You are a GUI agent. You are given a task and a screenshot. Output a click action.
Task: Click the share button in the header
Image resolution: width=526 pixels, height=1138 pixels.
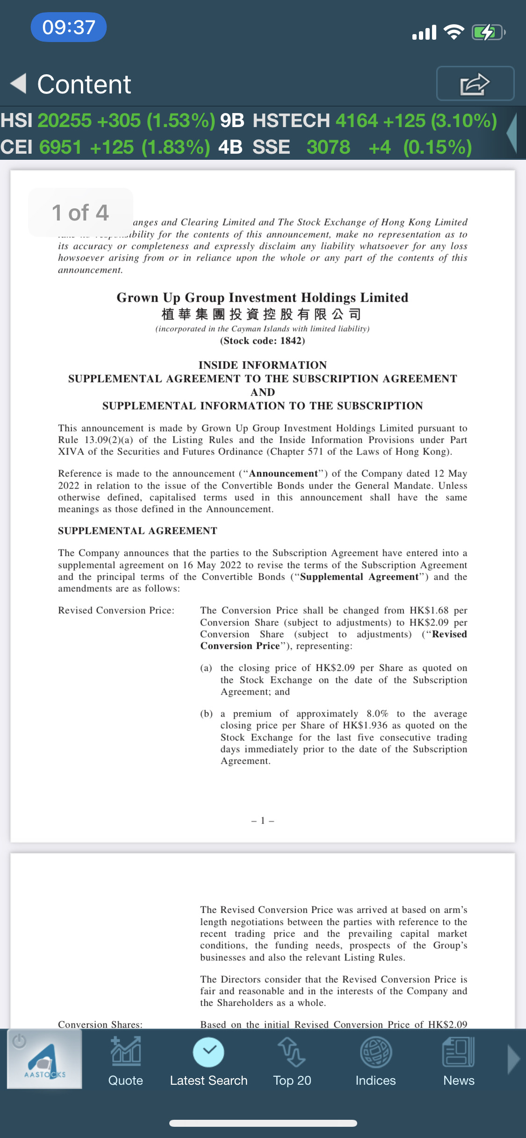475,84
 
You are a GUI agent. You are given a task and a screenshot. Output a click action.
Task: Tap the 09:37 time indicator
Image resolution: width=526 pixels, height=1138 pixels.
69,27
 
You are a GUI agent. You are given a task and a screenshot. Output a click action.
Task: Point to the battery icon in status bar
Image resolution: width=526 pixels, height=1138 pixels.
488,32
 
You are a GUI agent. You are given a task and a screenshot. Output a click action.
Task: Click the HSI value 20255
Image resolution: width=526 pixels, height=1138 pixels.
65,121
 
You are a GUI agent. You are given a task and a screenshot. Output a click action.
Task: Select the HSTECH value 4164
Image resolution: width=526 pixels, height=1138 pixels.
356,121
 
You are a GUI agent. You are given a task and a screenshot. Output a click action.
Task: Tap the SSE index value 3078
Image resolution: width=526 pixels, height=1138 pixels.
328,147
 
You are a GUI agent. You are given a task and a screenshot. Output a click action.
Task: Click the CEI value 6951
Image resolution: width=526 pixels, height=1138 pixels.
59,147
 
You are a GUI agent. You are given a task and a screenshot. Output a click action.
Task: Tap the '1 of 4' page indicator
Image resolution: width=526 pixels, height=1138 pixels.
80,213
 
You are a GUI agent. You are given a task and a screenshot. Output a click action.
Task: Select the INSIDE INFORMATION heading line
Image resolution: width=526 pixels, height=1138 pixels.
262,365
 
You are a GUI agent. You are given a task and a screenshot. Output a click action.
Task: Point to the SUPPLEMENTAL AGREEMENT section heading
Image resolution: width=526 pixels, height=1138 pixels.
137,531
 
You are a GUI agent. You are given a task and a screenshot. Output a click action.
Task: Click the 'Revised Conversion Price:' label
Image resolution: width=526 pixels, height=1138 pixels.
116,611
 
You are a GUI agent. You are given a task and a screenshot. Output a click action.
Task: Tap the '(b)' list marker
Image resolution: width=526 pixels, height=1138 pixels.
206,714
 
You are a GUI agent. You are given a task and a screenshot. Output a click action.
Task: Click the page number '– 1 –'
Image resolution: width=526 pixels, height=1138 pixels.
262,821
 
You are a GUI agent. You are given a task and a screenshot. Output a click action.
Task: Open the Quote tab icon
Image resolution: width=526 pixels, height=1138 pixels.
125,1052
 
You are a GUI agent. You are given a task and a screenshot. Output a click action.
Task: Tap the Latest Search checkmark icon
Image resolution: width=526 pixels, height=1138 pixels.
209,1052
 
